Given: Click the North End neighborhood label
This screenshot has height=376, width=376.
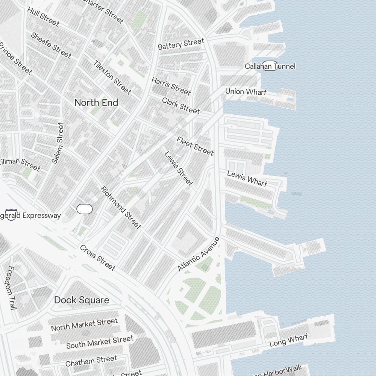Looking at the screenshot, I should tap(96, 103).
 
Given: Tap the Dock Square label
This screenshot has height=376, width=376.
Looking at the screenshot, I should tap(82, 300).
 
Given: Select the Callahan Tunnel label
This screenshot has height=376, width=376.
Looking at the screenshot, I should tap(270, 67).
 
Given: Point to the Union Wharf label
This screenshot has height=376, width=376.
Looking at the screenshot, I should tap(246, 92).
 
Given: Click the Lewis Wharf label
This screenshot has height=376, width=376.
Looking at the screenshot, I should tap(247, 178).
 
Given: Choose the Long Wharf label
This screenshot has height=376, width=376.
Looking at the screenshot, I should tap(288, 341).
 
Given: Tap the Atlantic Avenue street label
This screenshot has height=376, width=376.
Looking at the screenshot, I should tap(198, 254).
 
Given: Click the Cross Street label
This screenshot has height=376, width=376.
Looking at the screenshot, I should tap(97, 258).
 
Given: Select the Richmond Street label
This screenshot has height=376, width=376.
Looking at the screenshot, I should tap(121, 208).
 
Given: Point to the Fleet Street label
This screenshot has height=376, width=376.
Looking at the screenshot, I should tap(195, 146).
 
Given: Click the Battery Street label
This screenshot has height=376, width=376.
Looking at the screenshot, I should tap(181, 44).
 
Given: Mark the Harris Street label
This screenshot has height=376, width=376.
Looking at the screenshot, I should tap(171, 86).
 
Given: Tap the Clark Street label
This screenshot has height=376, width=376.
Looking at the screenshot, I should tap(181, 106).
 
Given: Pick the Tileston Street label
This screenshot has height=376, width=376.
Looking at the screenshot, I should tap(112, 77).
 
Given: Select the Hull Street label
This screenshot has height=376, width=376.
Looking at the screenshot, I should tap(43, 17).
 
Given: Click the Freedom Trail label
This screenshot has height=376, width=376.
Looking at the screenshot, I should tap(11, 288).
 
